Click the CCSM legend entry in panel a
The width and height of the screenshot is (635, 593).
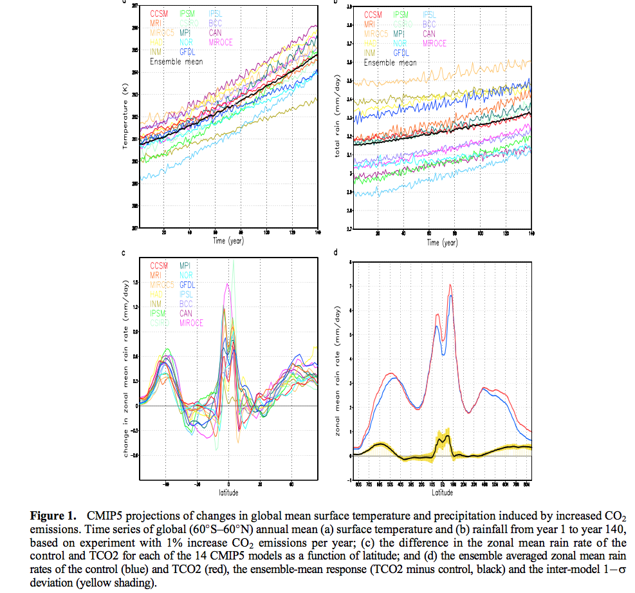pos(160,13)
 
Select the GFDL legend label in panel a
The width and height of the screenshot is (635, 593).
pos(189,52)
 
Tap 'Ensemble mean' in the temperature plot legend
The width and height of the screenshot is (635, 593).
pos(176,62)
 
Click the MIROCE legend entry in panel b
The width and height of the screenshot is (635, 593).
pos(434,42)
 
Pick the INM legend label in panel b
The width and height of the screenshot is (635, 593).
pos(371,53)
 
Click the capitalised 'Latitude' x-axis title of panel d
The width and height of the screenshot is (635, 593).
pos(442,493)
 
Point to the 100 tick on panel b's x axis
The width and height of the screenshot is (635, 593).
pos(481,232)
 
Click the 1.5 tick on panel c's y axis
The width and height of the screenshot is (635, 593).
pos(136,283)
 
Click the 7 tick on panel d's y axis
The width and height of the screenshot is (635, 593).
pos(349,287)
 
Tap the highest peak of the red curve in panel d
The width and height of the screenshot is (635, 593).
pos(450,285)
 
